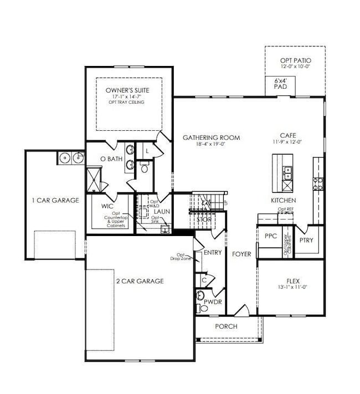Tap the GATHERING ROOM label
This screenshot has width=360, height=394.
coord(212,137)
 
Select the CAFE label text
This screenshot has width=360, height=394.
coord(287,135)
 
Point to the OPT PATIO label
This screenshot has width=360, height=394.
coord(295,60)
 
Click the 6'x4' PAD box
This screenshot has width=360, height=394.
coord(281,84)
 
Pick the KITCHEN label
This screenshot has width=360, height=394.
coord(283,200)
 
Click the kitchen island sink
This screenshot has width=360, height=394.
coord(287,173)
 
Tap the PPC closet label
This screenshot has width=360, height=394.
coord(270,236)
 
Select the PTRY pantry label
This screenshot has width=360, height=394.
coord(306,240)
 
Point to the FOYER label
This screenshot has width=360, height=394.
coord(241,254)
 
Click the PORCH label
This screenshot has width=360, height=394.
coord(226,326)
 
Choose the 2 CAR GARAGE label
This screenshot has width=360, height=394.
coord(140,281)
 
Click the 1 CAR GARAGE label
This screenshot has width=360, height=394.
coord(55,200)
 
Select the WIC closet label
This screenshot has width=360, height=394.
coord(107,206)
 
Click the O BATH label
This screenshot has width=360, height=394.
coord(111,159)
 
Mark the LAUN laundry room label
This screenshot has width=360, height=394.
coord(162,211)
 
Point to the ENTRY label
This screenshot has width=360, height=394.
coord(213,253)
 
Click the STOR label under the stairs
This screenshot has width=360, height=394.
coord(204,219)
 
